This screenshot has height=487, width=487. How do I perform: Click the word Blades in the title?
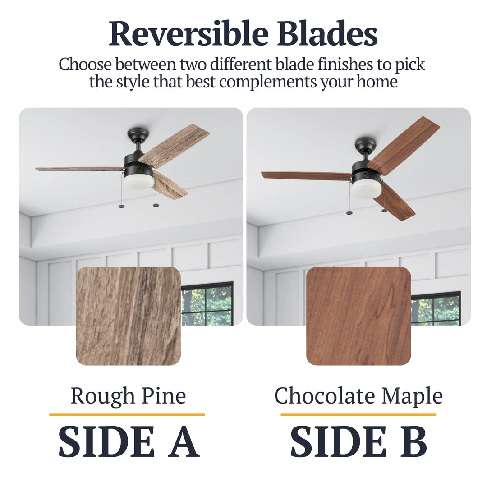[327, 34]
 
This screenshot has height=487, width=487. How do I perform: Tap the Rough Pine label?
[128, 396]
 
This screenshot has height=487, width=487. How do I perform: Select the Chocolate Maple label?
[358, 396]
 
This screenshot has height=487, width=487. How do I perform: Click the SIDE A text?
[129, 441]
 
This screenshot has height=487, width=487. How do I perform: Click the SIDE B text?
[358, 441]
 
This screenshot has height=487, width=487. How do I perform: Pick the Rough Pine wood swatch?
[129, 316]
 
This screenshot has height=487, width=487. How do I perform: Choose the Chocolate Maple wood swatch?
[358, 316]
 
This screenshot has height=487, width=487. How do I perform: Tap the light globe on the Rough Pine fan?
[138, 181]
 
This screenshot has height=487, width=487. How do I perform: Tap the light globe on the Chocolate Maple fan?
[366, 189]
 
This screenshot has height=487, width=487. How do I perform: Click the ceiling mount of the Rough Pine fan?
[138, 133]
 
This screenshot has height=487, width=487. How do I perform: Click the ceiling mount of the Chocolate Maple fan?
[365, 143]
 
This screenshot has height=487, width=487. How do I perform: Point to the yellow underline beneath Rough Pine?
[127, 414]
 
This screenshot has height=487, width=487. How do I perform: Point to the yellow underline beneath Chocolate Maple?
[358, 414]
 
